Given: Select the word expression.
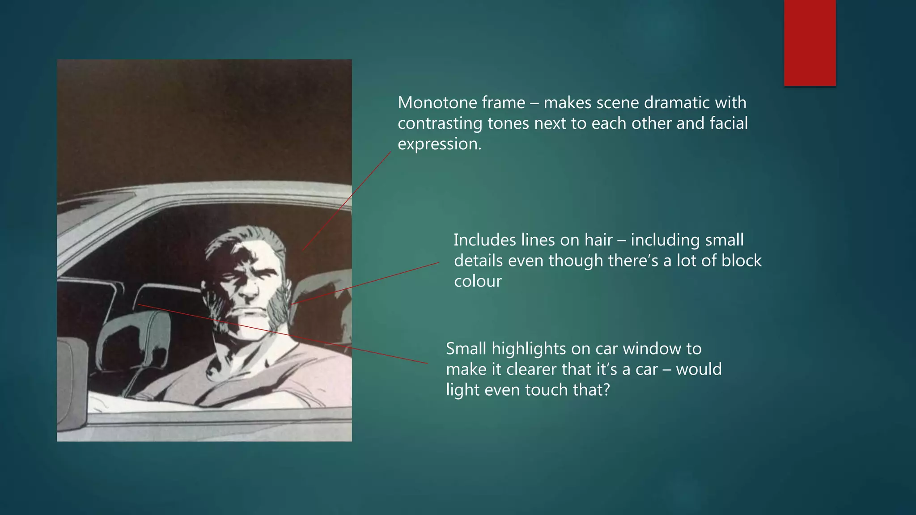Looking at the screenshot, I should click(439, 144).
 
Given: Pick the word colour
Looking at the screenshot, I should click(478, 282).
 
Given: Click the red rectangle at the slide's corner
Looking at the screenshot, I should click(810, 42).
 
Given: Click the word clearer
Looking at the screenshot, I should click(515, 369).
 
